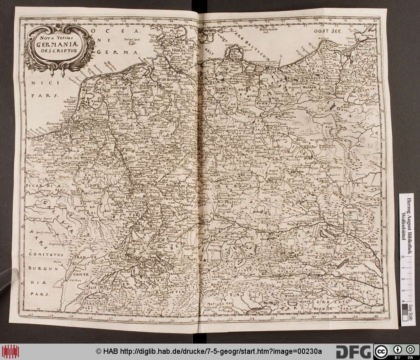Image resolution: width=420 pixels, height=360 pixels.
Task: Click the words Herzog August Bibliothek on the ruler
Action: click(409, 221)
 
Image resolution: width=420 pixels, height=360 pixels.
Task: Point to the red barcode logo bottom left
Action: click(11, 352)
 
